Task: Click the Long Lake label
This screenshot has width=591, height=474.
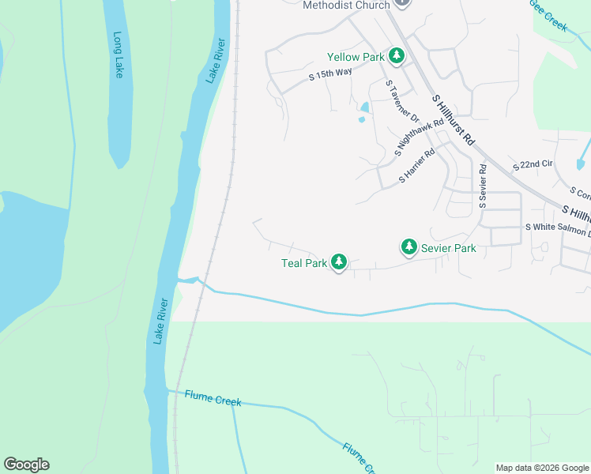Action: click(119, 55)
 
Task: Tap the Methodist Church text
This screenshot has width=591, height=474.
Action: click(346, 6)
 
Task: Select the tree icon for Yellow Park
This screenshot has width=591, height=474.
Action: click(397, 56)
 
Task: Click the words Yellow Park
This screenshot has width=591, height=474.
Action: click(356, 57)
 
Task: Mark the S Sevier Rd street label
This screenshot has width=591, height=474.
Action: click(483, 186)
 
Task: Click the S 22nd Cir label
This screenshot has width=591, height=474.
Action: click(533, 166)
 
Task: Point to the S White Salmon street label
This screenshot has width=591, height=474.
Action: click(557, 228)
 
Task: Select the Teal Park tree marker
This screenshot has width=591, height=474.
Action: click(339, 261)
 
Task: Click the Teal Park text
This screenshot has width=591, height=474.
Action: click(304, 263)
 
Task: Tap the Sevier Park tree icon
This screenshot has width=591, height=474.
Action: click(408, 247)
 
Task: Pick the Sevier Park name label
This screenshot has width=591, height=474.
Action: click(448, 248)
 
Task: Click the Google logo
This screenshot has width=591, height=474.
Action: click(26, 464)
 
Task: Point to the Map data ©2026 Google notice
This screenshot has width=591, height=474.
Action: click(541, 468)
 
